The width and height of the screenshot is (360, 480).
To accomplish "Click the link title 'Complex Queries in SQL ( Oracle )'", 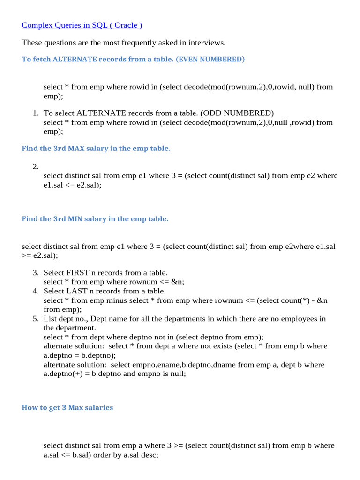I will click(82, 25).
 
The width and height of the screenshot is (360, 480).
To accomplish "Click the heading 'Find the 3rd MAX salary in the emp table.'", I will click(96, 149).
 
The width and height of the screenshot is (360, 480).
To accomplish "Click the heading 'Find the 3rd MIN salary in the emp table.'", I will click(95, 219).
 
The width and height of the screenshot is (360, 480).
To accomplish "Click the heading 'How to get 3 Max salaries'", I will click(67, 408).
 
